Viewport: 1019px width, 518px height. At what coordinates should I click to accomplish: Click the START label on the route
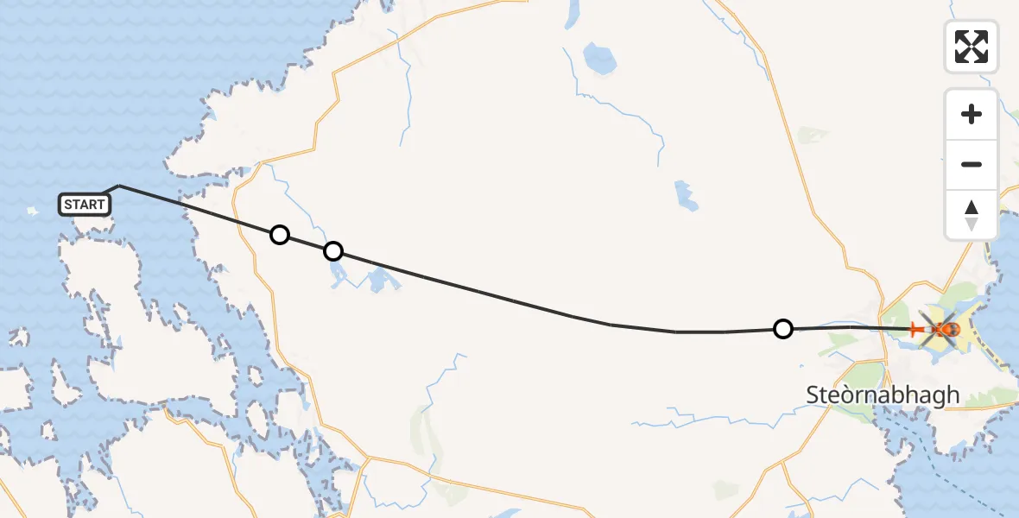tap(85, 205)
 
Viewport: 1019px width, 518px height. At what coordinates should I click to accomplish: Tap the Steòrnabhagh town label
tap(883, 395)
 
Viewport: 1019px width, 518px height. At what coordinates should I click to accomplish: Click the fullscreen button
tap(972, 47)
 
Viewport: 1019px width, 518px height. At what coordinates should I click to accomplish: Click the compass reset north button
tap(972, 215)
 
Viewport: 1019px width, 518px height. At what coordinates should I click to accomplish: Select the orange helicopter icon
tap(944, 329)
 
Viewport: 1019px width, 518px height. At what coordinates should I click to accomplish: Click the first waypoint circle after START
tap(279, 235)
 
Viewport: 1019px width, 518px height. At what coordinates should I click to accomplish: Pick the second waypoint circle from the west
tap(333, 251)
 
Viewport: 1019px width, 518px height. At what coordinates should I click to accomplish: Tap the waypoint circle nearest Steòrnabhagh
tap(782, 329)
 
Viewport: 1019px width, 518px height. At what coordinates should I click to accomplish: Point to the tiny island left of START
tap(34, 210)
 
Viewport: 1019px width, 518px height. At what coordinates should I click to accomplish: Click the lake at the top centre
tap(598, 59)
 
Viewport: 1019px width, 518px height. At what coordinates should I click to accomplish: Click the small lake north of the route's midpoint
tap(687, 196)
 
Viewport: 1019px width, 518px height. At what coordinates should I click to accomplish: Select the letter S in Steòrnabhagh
tap(813, 395)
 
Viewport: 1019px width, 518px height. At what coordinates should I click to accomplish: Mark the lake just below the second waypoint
tap(336, 275)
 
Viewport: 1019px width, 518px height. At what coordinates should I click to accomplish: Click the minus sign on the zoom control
tap(972, 165)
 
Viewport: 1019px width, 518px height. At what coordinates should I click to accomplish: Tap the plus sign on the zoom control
tap(972, 114)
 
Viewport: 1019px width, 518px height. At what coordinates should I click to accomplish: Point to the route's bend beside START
tap(119, 186)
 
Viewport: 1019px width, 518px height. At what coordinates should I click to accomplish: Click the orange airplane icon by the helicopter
tap(917, 329)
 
